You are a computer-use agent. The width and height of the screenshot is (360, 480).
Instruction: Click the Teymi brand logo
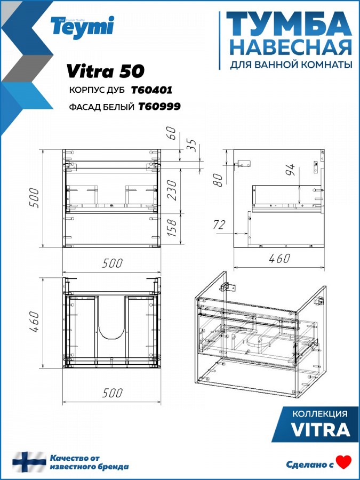point(82,27)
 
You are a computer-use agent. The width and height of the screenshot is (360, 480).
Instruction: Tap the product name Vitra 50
point(105,71)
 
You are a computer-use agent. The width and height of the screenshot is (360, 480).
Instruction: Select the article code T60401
point(151,90)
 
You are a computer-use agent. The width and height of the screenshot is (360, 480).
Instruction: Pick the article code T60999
point(159,106)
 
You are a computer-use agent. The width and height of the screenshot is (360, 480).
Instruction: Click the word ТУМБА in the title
point(289,26)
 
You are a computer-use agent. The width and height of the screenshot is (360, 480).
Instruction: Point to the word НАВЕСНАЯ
point(291,48)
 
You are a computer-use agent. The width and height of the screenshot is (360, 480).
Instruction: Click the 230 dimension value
point(172,190)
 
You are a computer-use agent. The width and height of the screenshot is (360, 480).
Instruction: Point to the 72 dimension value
point(219,225)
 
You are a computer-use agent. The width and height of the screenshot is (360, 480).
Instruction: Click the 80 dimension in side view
point(218,180)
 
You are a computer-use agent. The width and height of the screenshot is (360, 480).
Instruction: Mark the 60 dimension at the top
point(172,133)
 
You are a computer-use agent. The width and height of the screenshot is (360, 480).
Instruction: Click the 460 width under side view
point(279,258)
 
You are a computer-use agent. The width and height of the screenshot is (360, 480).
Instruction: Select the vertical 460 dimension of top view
point(34,322)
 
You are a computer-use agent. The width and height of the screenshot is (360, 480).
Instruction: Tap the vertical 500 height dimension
point(34,198)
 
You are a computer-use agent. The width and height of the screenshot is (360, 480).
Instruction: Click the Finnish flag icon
point(29,462)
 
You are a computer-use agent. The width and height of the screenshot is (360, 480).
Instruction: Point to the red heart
point(344,462)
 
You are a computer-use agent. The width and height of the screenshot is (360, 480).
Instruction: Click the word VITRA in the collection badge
point(320,429)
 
